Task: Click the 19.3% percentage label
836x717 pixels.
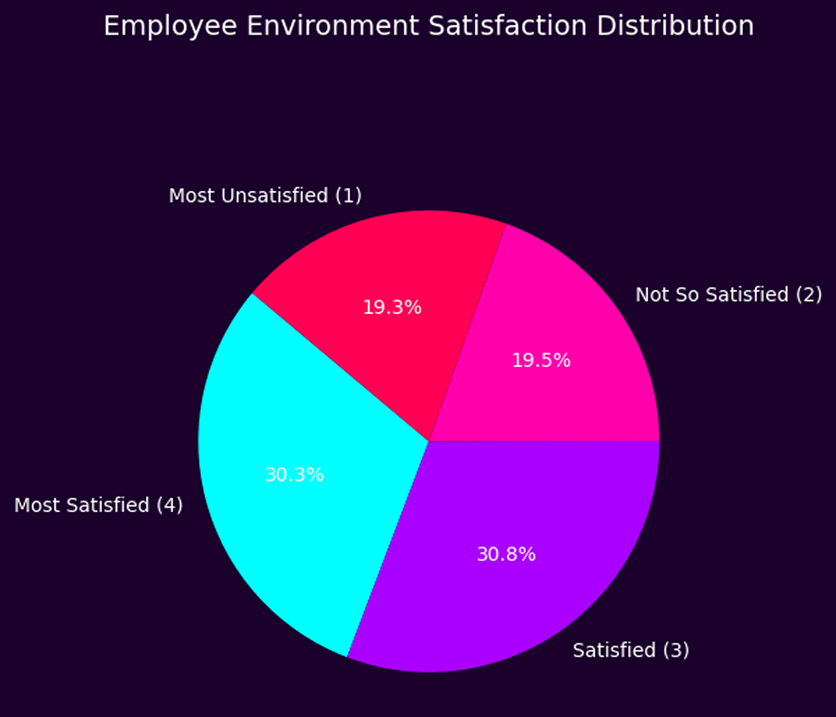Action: coord(392,308)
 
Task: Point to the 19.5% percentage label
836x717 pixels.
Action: coord(541,360)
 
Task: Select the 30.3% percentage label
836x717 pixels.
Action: coord(294,475)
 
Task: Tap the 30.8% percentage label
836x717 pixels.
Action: coord(506,554)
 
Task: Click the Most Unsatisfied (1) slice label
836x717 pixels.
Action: coord(265,196)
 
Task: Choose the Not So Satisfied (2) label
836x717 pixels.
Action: coord(728,294)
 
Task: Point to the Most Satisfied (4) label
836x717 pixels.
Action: coord(98,505)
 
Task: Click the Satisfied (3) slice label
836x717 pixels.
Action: coord(631,650)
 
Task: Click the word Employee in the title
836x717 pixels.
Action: coord(170,26)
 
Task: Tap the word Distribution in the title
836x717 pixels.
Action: coord(675,26)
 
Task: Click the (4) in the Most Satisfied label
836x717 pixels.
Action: coord(169,505)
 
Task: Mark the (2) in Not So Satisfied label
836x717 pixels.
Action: coord(808,294)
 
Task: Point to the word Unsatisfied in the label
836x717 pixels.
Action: coord(274,196)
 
